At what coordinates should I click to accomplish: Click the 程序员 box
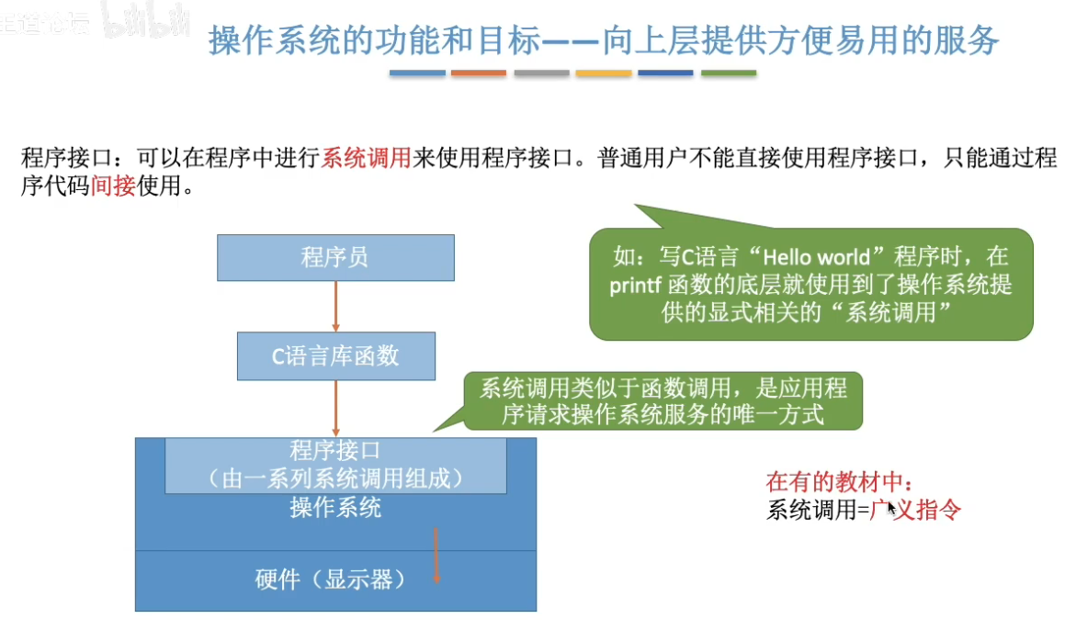tap(335, 257)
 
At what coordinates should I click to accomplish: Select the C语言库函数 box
tap(335, 356)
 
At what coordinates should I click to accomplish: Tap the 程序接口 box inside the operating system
tap(335, 465)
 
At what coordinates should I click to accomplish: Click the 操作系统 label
tap(335, 508)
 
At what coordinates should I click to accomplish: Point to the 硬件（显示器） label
tap(331, 580)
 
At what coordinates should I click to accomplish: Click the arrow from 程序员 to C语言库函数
tap(336, 306)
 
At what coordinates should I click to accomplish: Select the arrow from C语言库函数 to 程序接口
tap(336, 408)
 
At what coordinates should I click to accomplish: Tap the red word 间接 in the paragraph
tap(113, 187)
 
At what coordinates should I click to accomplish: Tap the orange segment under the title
tap(479, 73)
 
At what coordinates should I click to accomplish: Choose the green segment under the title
tap(729, 73)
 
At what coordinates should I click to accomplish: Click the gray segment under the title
tap(541, 73)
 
